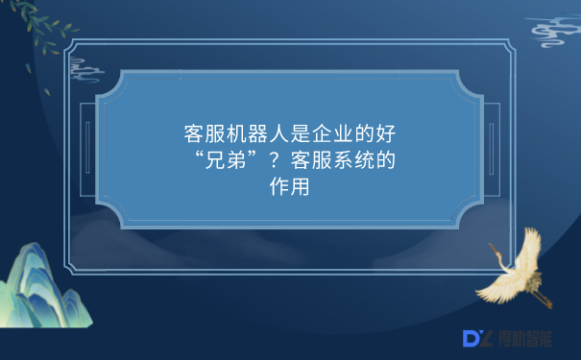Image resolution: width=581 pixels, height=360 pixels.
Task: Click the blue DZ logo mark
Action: click(477, 338)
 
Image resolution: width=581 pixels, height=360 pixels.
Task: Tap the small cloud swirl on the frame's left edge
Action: click(85, 67)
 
